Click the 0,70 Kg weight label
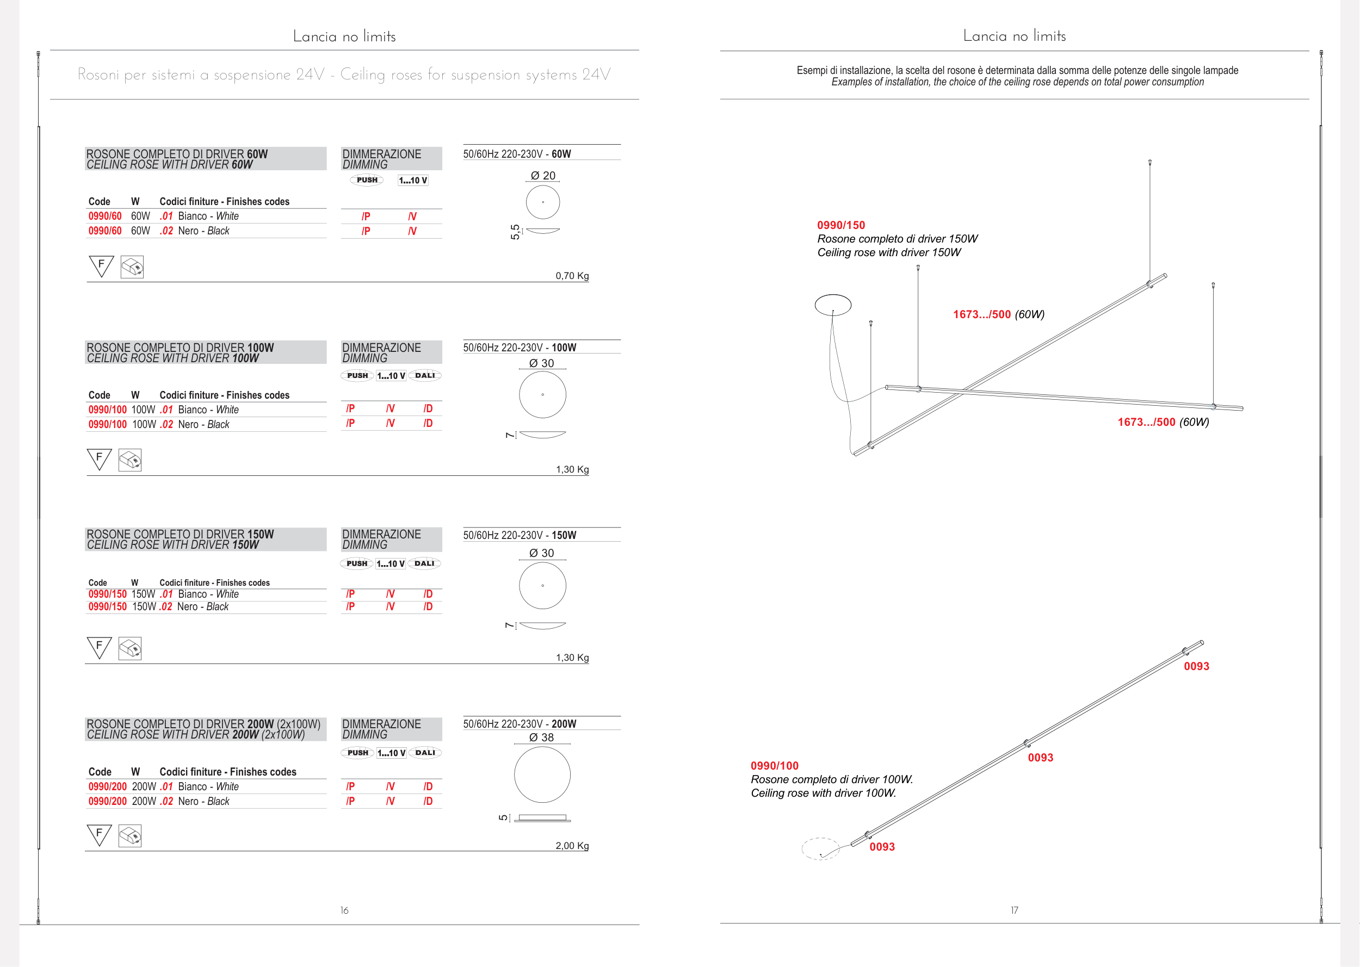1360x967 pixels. pyautogui.click(x=572, y=276)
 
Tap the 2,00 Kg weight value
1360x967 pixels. pyautogui.click(x=572, y=846)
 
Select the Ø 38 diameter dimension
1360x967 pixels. pyautogui.click(x=541, y=737)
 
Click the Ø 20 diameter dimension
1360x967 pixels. pyautogui.click(x=542, y=176)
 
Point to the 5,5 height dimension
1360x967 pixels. pyautogui.click(x=515, y=232)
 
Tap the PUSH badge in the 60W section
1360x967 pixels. pyautogui.click(x=367, y=180)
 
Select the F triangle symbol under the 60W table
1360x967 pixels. pyautogui.click(x=101, y=265)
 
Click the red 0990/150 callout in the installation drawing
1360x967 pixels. pyautogui.click(x=841, y=225)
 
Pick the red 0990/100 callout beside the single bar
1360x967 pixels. pyautogui.click(x=774, y=766)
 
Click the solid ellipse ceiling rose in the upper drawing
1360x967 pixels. pyautogui.click(x=832, y=304)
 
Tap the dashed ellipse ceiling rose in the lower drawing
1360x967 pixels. pyautogui.click(x=820, y=848)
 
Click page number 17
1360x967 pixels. pyautogui.click(x=1014, y=910)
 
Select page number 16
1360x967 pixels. pyautogui.click(x=344, y=910)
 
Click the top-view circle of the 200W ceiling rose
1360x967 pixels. pyautogui.click(x=542, y=774)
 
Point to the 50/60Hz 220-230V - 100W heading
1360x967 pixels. pyautogui.click(x=519, y=348)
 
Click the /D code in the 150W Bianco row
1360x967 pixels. pyautogui.click(x=428, y=594)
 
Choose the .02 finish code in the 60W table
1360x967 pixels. pyautogui.click(x=166, y=231)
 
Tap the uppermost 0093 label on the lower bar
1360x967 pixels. pyautogui.click(x=1196, y=666)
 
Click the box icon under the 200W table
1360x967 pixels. pyautogui.click(x=130, y=836)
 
